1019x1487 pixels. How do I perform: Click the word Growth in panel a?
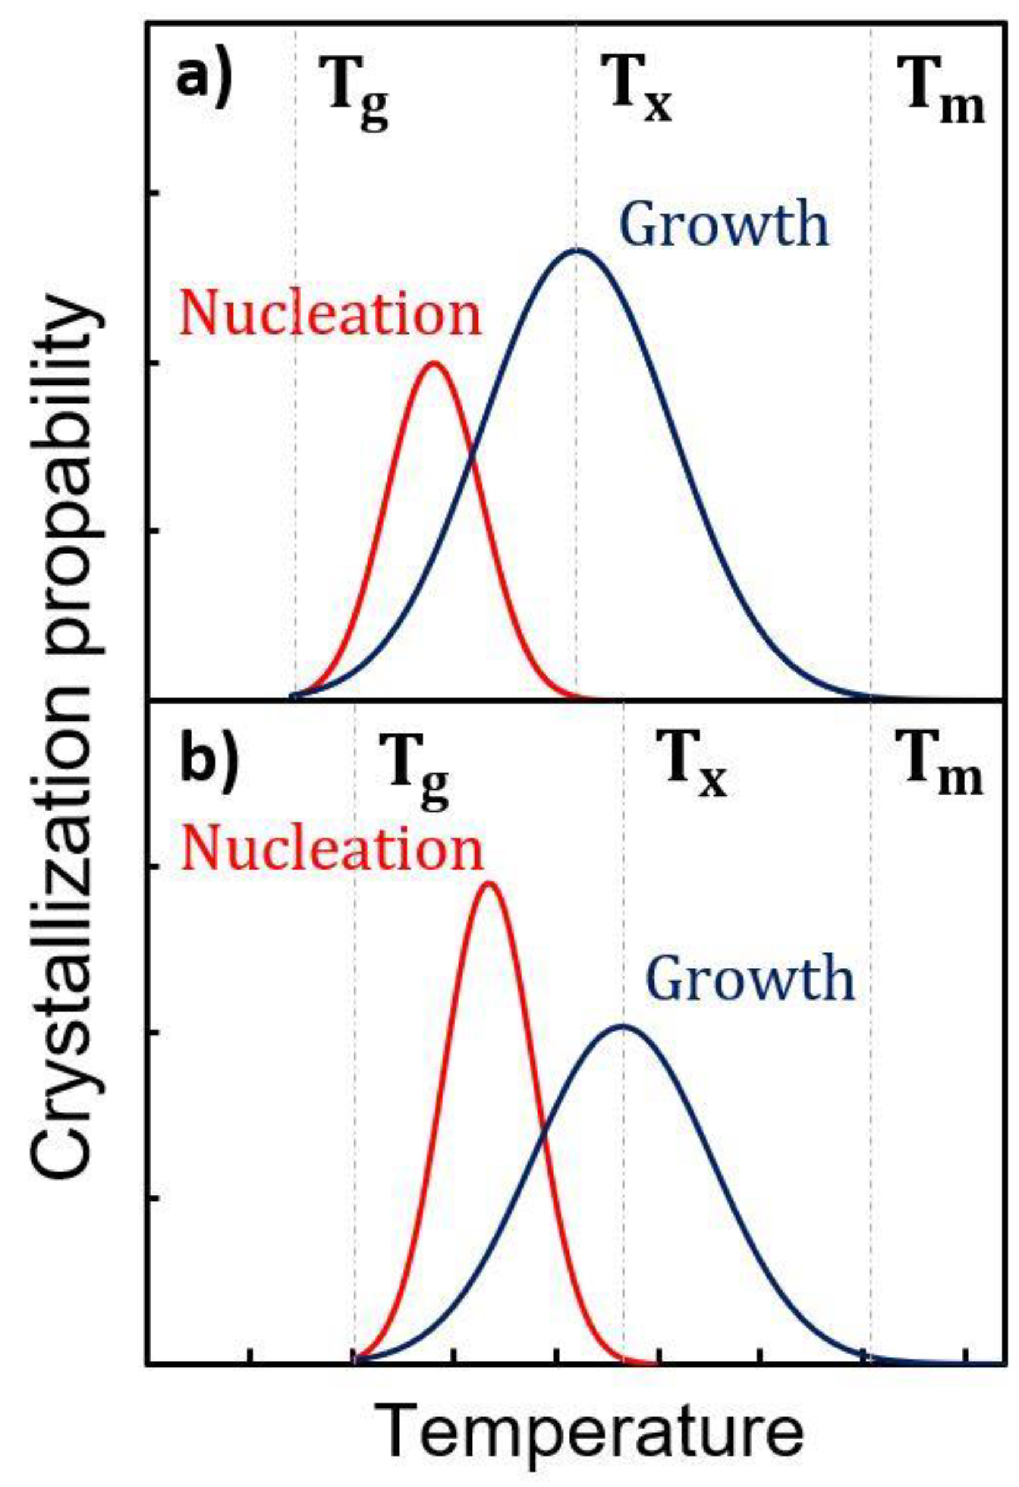(x=724, y=225)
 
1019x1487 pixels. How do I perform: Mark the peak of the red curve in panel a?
(x=434, y=363)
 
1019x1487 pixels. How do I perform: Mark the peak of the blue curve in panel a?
(x=578, y=249)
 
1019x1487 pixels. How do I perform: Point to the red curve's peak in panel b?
(x=489, y=883)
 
